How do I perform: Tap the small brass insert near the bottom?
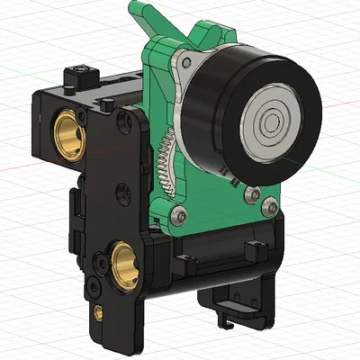click(97, 312)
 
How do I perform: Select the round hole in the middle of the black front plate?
click(119, 191)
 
